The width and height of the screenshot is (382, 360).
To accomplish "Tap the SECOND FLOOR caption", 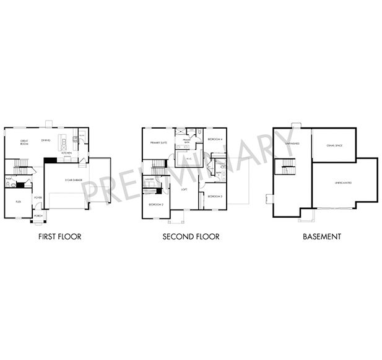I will [x=191, y=237].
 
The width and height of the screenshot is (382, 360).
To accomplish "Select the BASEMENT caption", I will [x=321, y=237].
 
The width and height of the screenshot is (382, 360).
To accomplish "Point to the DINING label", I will [x=45, y=140].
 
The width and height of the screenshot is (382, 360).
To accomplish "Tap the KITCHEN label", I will [x=66, y=153].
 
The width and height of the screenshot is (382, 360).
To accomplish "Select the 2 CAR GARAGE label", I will [x=74, y=180].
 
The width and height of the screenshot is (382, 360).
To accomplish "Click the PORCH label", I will [x=38, y=215].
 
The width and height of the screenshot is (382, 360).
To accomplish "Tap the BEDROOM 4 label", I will [x=215, y=139].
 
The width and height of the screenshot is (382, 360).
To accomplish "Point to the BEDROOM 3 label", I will [x=215, y=196].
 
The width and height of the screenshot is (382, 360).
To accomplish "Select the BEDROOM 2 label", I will [x=155, y=204].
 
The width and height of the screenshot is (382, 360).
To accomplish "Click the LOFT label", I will [x=184, y=189].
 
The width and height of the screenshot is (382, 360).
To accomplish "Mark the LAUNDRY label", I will [x=150, y=179].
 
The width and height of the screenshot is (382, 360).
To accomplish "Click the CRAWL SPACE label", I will [x=334, y=145].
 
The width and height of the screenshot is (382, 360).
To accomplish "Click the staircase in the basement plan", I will [x=287, y=166].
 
